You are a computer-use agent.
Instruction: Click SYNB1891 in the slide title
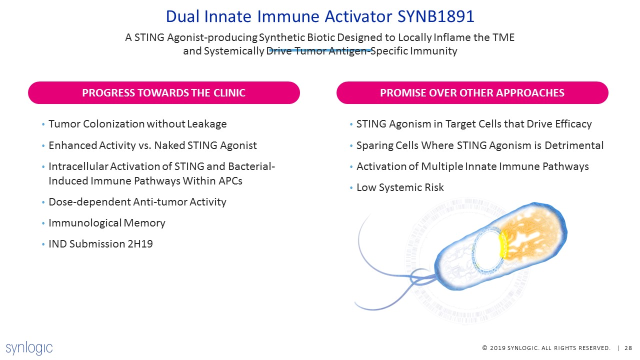436,16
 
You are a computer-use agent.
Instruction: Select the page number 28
628,348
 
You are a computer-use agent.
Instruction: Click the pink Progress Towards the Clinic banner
164,93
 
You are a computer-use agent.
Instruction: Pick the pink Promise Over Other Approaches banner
472,93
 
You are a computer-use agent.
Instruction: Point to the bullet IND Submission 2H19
100,244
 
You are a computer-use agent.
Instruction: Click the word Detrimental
574,145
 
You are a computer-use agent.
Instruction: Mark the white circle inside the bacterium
488,250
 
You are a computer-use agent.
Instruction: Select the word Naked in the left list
169,145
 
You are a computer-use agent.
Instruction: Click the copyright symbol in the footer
485,348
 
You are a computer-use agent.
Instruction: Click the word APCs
230,181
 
